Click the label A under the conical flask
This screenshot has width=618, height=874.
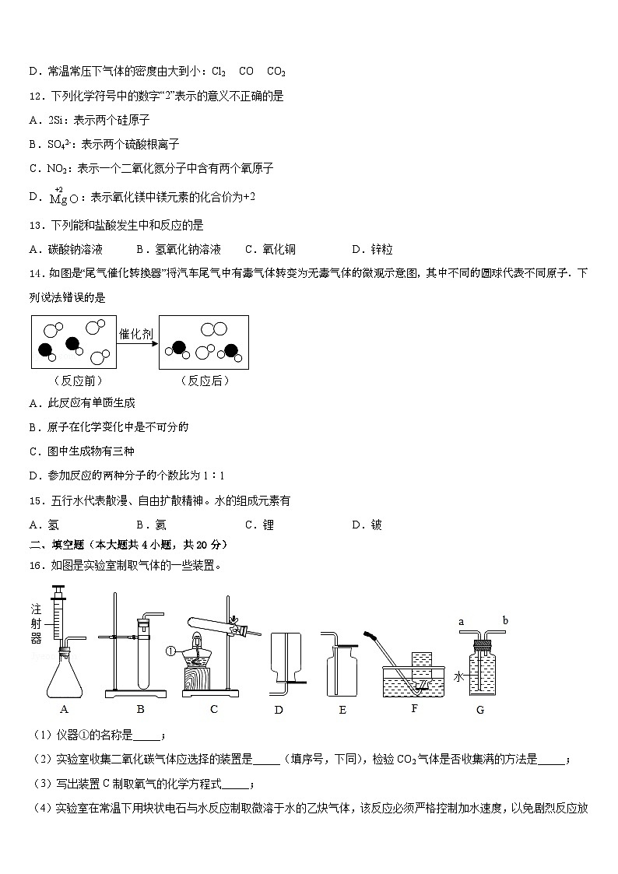(65, 709)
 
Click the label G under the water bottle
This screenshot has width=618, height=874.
(479, 710)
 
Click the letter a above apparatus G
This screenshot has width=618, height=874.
(462, 622)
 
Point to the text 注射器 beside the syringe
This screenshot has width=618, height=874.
(36, 623)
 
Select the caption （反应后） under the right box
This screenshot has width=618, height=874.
(204, 381)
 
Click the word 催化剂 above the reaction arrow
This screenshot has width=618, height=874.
(135, 334)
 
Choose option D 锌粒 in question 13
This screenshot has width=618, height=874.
(372, 250)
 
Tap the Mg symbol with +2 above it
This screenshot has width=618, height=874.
(58, 198)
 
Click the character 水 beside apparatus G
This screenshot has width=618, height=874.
(459, 676)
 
